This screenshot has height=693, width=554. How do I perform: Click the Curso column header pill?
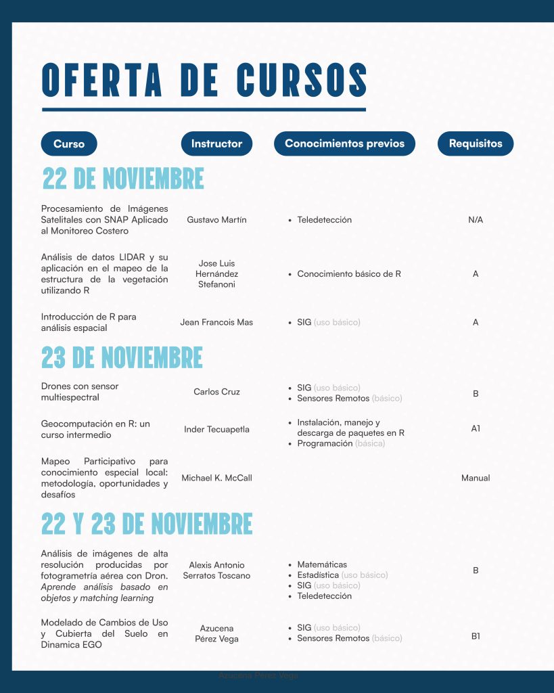(x=69, y=143)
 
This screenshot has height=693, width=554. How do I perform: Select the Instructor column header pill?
(x=216, y=143)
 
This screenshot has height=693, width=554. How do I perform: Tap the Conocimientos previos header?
(x=344, y=143)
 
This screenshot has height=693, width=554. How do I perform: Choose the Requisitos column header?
(x=476, y=143)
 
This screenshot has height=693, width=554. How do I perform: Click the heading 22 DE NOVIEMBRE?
(x=123, y=179)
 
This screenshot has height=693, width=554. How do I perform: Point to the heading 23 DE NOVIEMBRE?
(x=122, y=357)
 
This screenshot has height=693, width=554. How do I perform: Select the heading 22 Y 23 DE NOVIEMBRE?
(x=147, y=524)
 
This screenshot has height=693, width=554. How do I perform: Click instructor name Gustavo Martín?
(x=216, y=220)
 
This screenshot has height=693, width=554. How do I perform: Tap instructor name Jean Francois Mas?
(x=216, y=322)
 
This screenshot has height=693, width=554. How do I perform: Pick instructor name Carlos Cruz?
(x=216, y=392)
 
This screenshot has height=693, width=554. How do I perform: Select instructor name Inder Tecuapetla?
(x=216, y=430)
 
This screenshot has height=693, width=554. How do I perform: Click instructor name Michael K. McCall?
(x=216, y=478)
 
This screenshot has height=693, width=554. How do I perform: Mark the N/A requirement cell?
(x=476, y=220)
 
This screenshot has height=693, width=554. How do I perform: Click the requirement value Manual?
(x=476, y=478)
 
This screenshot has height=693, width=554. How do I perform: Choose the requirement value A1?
(x=476, y=428)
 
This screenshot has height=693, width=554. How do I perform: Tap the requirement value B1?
(x=476, y=636)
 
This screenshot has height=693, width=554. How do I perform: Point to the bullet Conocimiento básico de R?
(x=349, y=274)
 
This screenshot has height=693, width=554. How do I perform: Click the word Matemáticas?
(x=322, y=564)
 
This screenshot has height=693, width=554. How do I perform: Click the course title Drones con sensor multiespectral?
(x=80, y=392)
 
